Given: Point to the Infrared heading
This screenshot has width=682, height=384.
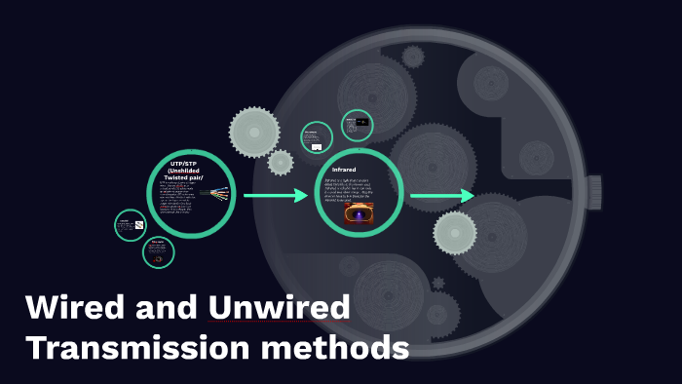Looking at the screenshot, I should pyautogui.click(x=344, y=170).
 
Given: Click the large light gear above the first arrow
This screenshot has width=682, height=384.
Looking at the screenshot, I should pyautogui.click(x=253, y=131).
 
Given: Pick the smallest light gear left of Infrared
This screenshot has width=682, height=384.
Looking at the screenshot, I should pyautogui.click(x=281, y=162).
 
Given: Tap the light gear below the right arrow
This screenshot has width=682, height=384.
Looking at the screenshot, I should pyautogui.click(x=454, y=233).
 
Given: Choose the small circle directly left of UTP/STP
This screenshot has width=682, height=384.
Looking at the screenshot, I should pyautogui.click(x=130, y=225).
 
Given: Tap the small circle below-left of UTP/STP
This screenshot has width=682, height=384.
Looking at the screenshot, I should pyautogui.click(x=158, y=252).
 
